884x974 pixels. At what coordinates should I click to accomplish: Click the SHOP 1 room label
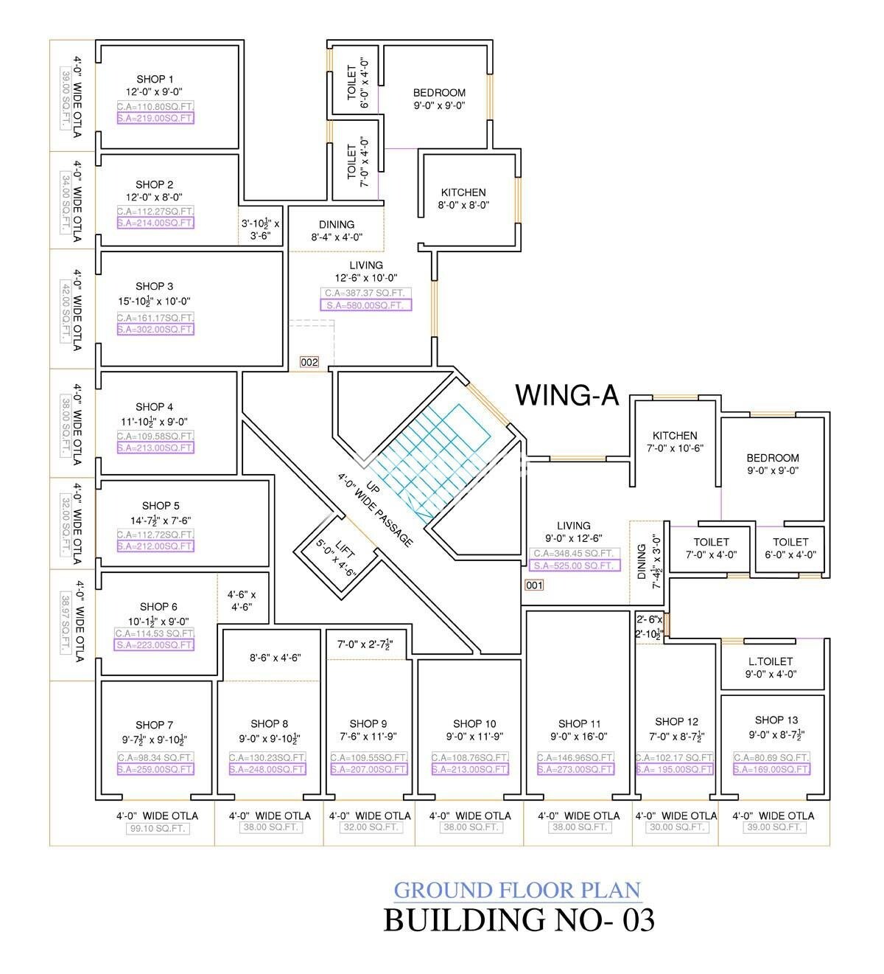point(155,79)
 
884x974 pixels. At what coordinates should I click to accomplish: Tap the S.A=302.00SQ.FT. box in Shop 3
point(155,330)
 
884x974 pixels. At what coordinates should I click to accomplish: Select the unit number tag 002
point(309,362)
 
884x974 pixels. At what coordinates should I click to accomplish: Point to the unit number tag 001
point(534,585)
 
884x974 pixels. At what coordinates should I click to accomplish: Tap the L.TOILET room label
point(770,662)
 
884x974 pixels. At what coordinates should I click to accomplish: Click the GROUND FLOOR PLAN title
point(517,890)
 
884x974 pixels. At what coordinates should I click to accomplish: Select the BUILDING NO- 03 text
point(519,920)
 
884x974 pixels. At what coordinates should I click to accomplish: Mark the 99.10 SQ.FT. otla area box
point(157,828)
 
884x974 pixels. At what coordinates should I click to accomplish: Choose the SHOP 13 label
point(776,720)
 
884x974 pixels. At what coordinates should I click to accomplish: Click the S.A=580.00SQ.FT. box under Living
point(365,305)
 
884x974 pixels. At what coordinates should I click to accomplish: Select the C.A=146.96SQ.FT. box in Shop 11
point(575,757)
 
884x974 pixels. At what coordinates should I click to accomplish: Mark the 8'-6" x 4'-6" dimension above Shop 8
point(275,657)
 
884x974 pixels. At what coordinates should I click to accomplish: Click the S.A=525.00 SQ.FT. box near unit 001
point(575,566)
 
